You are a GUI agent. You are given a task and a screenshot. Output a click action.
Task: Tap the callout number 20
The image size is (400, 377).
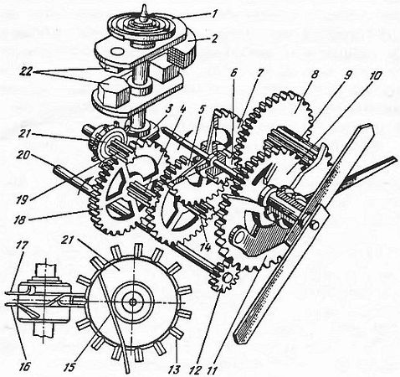[x=23, y=156]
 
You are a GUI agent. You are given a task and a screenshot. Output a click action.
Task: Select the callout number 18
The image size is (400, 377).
[x=21, y=219]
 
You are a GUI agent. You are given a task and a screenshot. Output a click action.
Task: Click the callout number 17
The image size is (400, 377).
[x=23, y=246]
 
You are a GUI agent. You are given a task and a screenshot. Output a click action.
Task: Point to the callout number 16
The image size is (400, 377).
[x=24, y=366]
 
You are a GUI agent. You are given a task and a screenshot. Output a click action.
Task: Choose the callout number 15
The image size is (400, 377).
[x=69, y=366]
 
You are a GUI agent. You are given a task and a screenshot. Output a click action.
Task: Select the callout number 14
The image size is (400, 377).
[x=206, y=246]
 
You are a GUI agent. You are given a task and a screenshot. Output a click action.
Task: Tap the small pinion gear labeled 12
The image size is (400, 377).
[x=223, y=279]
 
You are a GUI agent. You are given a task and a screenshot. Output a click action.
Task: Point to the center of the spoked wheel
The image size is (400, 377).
[x=133, y=301]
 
